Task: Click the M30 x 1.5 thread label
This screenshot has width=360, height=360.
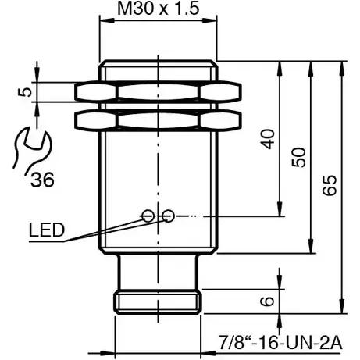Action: [156, 9]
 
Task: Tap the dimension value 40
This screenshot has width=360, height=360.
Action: [268, 139]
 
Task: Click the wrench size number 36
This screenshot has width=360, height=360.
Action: [43, 180]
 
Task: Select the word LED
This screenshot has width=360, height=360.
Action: [46, 230]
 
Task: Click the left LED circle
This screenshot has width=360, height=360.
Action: [148, 216]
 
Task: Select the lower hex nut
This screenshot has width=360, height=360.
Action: [158, 119]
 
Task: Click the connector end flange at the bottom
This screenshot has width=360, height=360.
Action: [158, 301]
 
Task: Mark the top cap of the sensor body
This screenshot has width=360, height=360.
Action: [158, 69]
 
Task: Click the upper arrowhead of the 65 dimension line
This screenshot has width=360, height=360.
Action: [342, 66]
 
